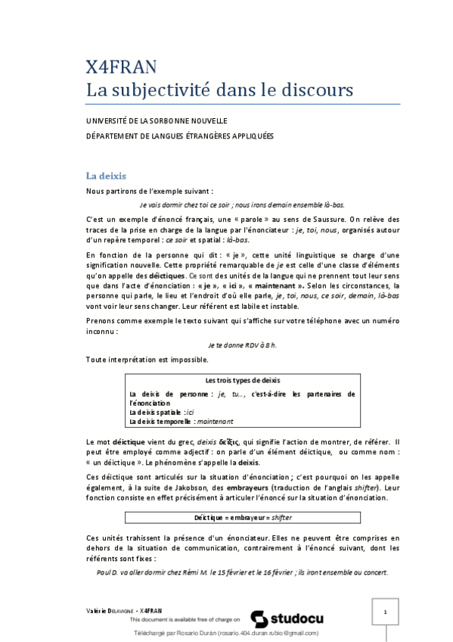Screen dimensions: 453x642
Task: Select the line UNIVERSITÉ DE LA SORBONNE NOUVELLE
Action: point(157,121)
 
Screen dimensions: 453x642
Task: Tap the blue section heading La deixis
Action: point(106,176)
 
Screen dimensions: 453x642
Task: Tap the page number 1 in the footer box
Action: point(385,612)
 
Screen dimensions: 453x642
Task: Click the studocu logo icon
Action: point(258,618)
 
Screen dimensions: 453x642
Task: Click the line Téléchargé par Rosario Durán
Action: point(226,633)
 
